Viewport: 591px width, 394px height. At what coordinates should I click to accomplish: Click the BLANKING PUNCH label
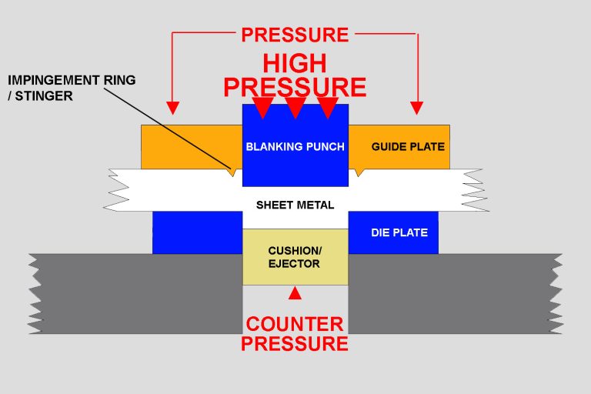[x=295, y=146]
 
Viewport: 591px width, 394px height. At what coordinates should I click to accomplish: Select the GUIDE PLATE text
[x=408, y=146]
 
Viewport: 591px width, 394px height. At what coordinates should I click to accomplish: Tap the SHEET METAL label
[x=295, y=205]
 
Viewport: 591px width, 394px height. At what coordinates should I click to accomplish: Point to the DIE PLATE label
[x=399, y=232]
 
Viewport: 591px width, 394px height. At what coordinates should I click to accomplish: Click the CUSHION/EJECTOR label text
[x=295, y=257]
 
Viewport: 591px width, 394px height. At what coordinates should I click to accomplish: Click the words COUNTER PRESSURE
[x=295, y=332]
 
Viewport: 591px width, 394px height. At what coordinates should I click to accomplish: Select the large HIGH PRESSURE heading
[x=295, y=75]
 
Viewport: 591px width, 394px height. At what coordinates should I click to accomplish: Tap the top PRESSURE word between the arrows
[x=295, y=35]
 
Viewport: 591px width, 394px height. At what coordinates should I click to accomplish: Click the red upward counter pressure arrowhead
[x=295, y=292]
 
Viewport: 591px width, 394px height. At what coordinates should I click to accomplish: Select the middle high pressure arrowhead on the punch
[x=295, y=108]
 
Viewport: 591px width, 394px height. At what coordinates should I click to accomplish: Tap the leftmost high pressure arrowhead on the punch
[x=262, y=108]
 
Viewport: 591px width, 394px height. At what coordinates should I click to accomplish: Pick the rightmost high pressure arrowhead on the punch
[x=329, y=108]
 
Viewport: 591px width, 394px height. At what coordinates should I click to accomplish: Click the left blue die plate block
[x=197, y=232]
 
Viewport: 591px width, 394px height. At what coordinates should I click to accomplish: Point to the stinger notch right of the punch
[x=358, y=172]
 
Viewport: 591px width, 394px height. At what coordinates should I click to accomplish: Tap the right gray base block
[x=454, y=292]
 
